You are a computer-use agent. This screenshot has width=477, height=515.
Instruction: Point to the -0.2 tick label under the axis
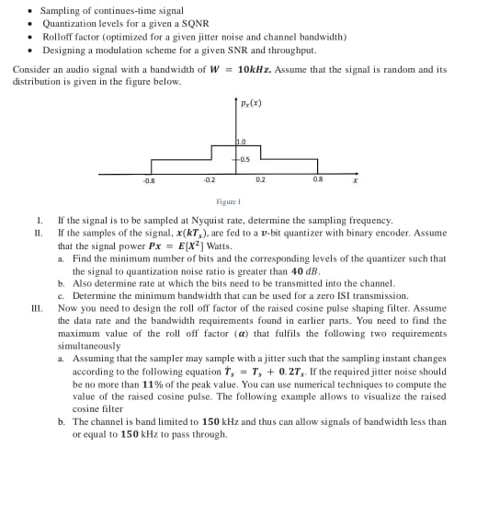pyautogui.click(x=210, y=180)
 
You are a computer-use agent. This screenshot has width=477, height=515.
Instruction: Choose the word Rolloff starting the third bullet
pyautogui.click(x=59, y=37)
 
